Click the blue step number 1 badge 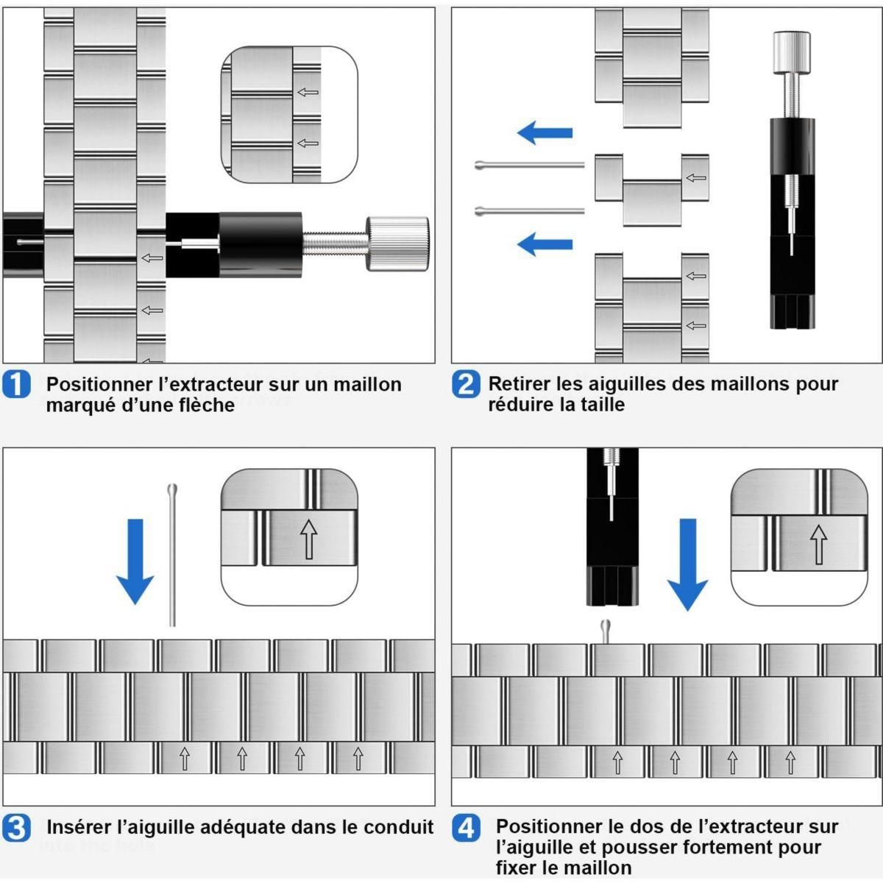(x=16, y=385)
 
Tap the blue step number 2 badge (x=465, y=384)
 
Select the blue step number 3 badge (x=16, y=828)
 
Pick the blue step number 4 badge (x=466, y=828)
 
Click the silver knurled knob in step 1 (x=397, y=244)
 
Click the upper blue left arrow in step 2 (x=545, y=133)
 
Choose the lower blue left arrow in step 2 (x=545, y=243)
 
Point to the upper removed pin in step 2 (x=530, y=165)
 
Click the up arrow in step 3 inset (x=309, y=539)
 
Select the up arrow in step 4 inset (x=818, y=544)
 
